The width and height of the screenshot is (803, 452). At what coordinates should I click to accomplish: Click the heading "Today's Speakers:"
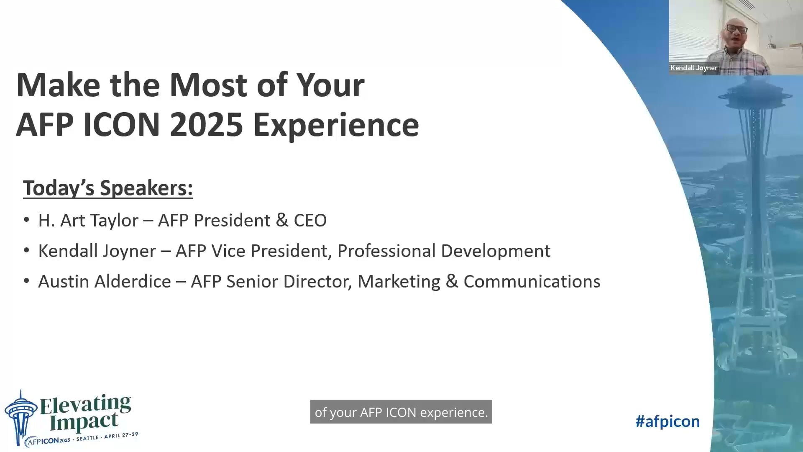point(108,188)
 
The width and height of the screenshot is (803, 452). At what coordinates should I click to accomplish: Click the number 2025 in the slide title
point(206,125)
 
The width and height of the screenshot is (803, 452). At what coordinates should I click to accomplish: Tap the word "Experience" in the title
point(336,125)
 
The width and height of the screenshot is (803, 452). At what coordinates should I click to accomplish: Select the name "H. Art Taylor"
point(88,221)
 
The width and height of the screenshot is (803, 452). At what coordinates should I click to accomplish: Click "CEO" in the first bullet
point(310,221)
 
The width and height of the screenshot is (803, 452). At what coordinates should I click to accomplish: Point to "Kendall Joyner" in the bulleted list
point(97,251)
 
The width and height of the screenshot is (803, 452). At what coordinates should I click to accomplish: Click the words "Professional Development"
point(444,251)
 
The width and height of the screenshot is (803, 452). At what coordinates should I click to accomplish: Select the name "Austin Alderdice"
point(105,282)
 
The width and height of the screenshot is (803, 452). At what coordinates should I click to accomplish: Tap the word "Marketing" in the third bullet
point(399,282)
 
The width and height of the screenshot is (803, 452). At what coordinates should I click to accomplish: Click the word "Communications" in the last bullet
point(532,282)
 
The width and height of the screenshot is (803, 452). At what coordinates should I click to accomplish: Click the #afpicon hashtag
point(667,421)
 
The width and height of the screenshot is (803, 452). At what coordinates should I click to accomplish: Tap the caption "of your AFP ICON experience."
point(401,412)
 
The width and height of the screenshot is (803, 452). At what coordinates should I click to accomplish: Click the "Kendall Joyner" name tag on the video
point(693,68)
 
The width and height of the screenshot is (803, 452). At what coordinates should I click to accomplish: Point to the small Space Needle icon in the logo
point(20,416)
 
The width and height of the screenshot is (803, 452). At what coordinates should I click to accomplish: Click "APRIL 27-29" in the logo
point(121,435)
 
